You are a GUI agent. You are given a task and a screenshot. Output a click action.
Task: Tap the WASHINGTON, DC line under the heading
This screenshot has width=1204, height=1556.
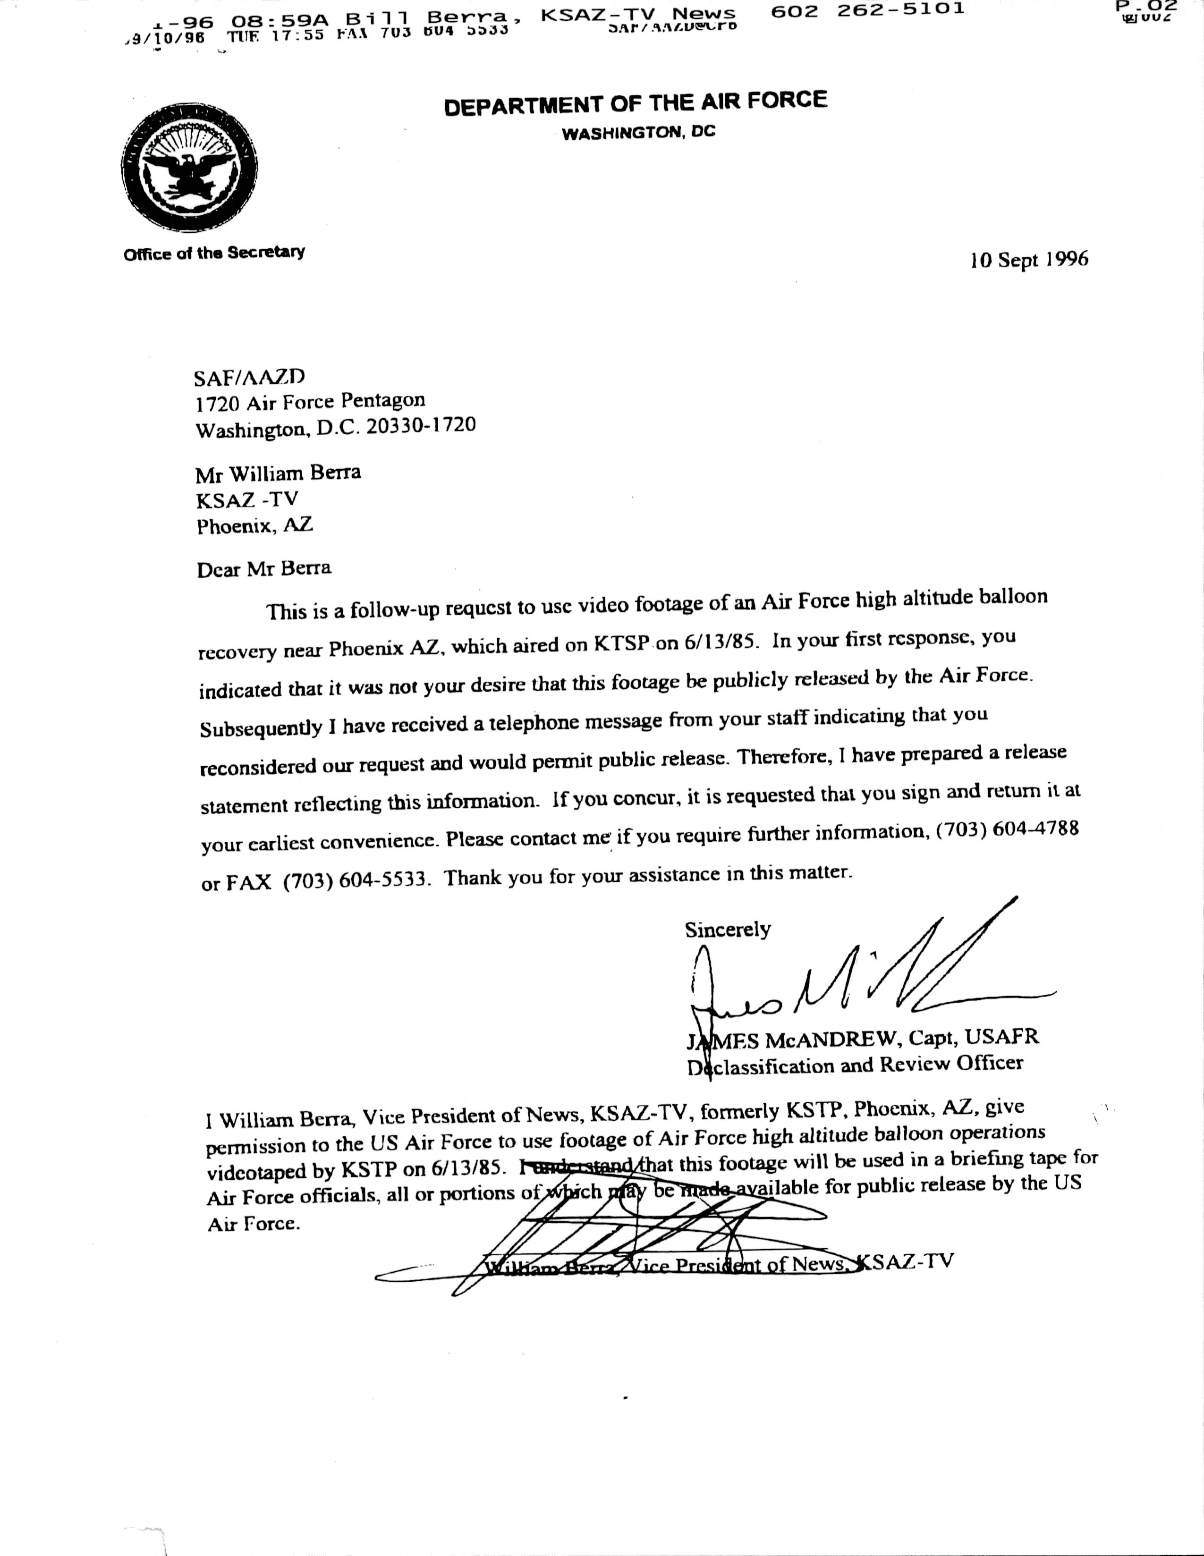point(638,133)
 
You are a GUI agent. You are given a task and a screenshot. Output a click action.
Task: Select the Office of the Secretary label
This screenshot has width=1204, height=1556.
point(214,253)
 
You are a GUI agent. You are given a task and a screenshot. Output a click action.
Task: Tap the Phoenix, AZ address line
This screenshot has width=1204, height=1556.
point(254,526)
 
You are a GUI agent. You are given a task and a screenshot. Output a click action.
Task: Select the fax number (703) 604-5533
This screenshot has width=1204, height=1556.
point(356,880)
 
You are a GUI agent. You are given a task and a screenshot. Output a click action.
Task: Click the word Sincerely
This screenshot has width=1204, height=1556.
point(728,930)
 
